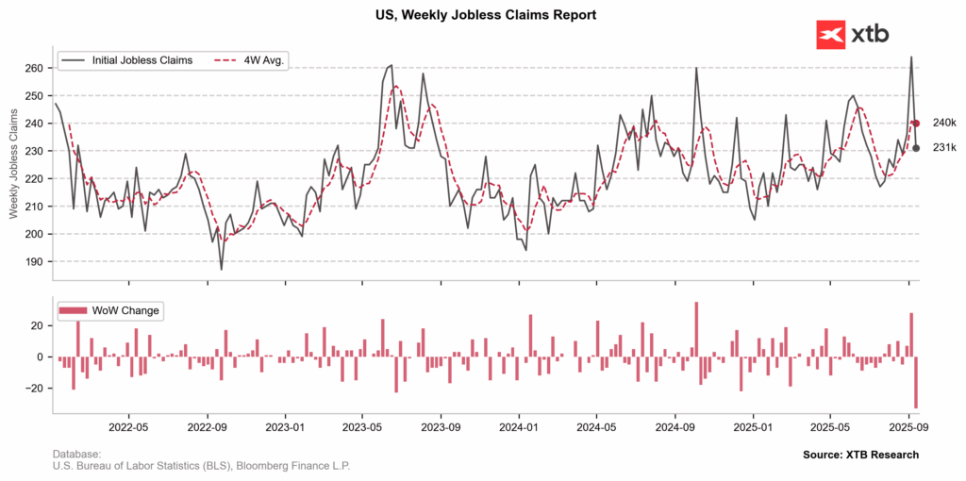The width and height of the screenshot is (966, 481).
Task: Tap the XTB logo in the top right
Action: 852,35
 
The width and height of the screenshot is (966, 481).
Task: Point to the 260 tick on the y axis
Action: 35,69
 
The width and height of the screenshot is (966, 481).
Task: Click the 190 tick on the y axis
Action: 35,261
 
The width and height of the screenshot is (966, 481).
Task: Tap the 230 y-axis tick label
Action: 35,151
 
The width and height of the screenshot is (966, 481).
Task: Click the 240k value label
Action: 944,123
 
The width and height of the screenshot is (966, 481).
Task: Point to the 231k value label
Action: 944,147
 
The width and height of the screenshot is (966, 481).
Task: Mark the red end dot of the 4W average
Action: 916,123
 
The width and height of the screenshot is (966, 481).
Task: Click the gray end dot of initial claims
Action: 916,147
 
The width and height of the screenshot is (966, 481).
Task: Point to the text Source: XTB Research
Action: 860,455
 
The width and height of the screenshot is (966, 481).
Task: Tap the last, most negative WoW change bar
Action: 916,382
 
